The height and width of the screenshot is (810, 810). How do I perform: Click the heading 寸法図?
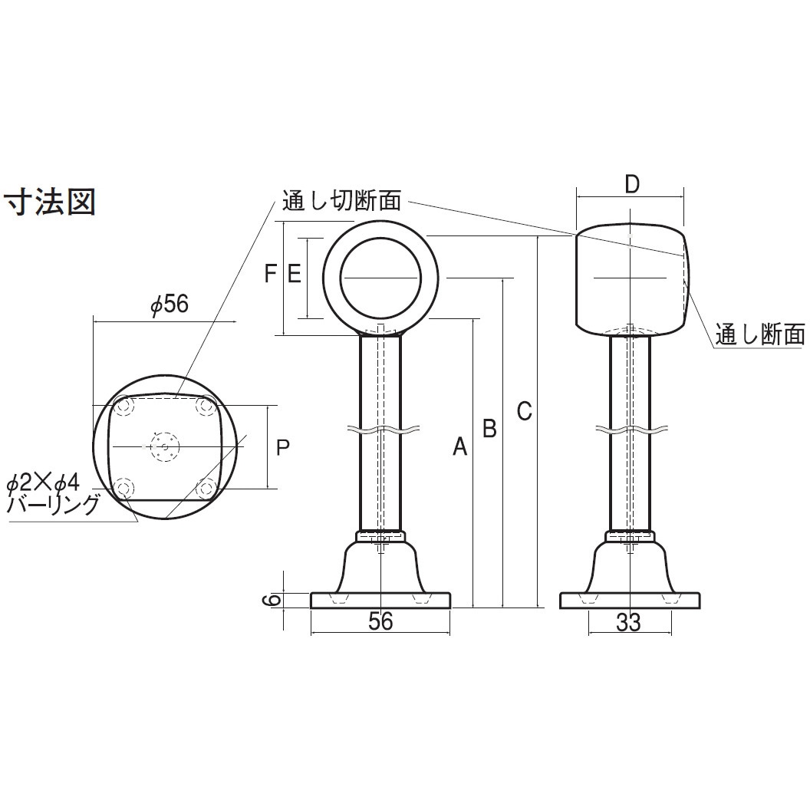[51, 203]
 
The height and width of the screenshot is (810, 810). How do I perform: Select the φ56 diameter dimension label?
[170, 305]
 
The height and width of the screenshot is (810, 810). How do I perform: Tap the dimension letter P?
[282, 447]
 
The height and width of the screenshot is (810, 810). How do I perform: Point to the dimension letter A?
[459, 446]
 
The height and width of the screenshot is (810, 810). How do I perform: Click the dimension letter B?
[489, 428]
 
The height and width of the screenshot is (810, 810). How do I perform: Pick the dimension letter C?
[523, 411]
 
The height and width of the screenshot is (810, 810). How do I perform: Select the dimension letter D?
[631, 184]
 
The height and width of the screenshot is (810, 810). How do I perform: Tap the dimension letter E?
[294, 273]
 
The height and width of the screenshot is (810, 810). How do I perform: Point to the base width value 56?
[380, 621]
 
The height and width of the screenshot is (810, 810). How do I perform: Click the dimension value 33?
[628, 623]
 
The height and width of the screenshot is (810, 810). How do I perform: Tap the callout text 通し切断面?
[341, 201]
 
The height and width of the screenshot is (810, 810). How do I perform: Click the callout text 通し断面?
[759, 334]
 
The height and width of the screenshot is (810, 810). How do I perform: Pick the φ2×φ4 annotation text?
[43, 483]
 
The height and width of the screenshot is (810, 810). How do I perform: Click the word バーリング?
[52, 505]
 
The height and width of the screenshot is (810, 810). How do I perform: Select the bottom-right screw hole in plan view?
[206, 487]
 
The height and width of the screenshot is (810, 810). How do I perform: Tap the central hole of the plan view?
[163, 446]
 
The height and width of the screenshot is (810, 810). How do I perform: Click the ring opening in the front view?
[381, 277]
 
